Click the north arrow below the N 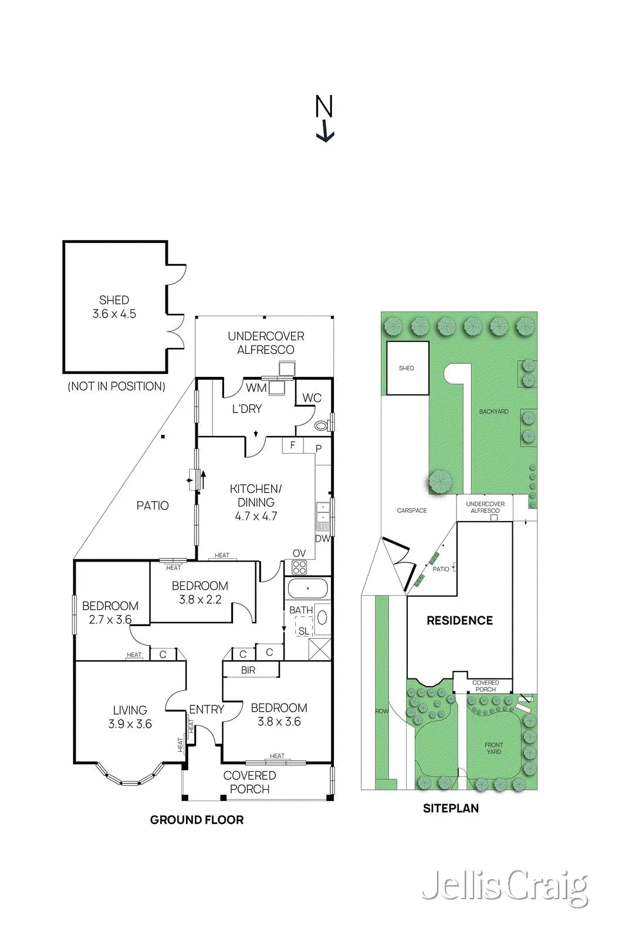324,131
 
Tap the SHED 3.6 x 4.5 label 114,307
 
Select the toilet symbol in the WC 322,426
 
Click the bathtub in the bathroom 307,588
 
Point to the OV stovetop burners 299,567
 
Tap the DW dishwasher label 323,539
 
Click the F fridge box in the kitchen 293,445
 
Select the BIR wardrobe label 248,670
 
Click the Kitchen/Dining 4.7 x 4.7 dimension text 256,516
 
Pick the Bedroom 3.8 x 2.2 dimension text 200,599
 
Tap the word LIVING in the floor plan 130,710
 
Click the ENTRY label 207,710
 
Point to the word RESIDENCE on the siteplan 459,620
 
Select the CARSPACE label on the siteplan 412,511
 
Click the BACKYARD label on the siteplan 494,411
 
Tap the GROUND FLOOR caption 197,820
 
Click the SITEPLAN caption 451,808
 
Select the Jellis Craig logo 505,886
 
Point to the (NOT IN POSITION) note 117,386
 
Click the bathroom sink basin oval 323,617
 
